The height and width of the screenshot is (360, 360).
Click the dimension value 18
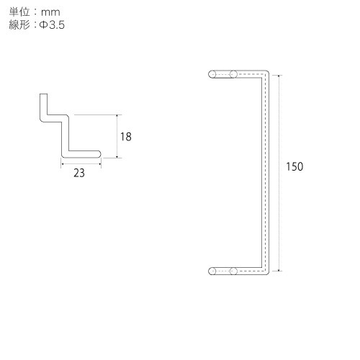(126, 137)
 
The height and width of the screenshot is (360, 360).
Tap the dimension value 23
(79, 173)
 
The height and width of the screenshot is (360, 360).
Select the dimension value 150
(294, 166)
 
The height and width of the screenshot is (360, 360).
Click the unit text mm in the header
(50, 12)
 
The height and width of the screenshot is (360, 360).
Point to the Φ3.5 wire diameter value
(52, 25)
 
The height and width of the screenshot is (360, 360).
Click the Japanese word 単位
(19, 12)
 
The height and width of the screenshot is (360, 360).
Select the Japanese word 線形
(19, 24)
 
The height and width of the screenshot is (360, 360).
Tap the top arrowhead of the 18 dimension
(117, 116)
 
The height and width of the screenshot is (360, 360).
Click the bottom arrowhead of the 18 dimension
(117, 157)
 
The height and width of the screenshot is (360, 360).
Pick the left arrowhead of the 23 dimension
(63, 164)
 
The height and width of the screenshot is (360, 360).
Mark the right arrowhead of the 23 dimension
(99, 164)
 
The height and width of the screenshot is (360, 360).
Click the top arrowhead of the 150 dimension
(279, 76)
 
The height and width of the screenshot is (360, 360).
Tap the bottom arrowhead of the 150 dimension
(279, 270)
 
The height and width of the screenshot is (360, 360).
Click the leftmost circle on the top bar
(212, 74)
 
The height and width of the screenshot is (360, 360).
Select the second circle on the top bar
(233, 74)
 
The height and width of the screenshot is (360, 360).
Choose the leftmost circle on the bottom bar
(212, 271)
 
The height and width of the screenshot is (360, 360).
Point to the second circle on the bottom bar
(233, 271)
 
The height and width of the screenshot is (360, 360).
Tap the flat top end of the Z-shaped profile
(43, 94)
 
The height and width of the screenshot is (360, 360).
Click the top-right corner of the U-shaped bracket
(268, 71)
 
